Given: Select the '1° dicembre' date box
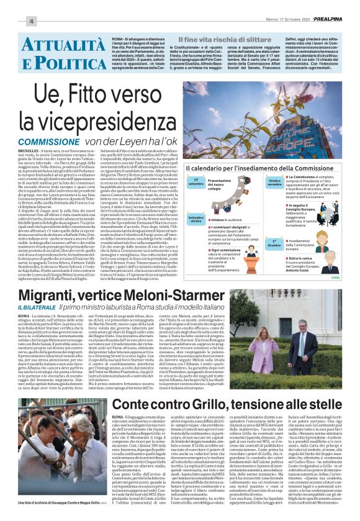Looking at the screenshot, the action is (x=274, y=242).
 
